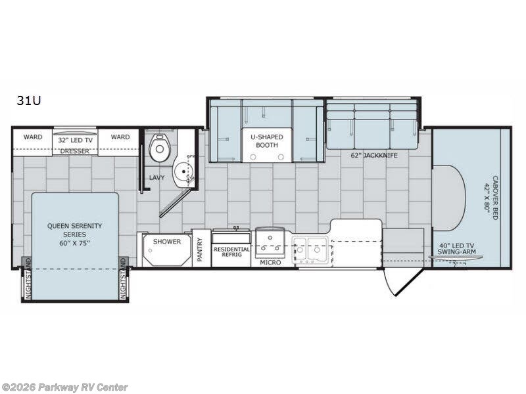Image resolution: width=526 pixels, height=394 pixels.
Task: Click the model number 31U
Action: click(x=29, y=100)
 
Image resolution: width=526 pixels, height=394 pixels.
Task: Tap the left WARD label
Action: click(x=33, y=137)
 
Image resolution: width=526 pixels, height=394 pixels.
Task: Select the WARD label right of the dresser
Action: click(x=120, y=137)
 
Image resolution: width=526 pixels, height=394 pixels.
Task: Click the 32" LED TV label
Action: click(x=75, y=140)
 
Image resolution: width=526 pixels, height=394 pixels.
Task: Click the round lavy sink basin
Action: click(x=183, y=171)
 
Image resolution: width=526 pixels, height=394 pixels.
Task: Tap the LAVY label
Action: click(x=156, y=177)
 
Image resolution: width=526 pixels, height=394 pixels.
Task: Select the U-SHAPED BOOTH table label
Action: click(x=267, y=141)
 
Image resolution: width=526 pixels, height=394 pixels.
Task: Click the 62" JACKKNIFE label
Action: click(x=374, y=155)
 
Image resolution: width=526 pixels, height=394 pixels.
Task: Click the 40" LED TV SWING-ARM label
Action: click(x=456, y=249)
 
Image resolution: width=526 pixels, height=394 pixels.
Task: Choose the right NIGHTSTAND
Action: click(x=123, y=278)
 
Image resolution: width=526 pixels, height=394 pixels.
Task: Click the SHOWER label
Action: click(x=167, y=242)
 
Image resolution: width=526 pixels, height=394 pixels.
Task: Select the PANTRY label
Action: click(x=201, y=250)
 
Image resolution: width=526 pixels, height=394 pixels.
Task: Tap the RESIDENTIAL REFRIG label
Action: click(x=232, y=252)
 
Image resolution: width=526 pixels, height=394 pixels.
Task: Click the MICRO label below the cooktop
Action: click(x=270, y=262)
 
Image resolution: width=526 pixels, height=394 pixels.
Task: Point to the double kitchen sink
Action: click(x=310, y=250)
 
